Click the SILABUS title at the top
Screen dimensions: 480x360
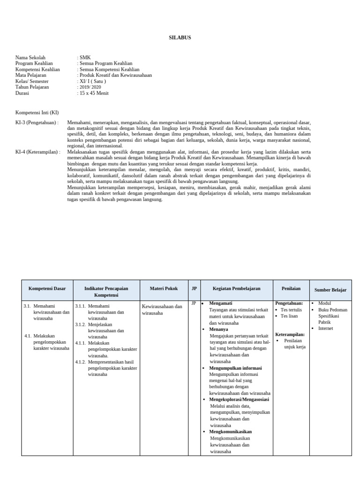point(180,37)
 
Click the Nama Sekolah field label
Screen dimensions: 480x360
point(30,58)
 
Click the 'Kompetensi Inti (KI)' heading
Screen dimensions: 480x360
point(37,113)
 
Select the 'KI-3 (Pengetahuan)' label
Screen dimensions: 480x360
point(37,123)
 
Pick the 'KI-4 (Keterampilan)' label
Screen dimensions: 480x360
point(37,152)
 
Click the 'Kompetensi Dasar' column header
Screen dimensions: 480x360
point(47,289)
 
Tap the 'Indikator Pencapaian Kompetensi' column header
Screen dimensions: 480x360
point(106,292)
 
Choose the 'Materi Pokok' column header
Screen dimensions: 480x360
point(164,289)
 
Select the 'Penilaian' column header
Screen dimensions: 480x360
point(291,289)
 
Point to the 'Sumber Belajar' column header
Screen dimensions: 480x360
point(330,290)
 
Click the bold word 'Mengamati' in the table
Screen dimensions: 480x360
point(220,303)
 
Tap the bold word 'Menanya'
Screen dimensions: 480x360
point(218,330)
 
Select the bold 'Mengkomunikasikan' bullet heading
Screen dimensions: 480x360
point(231,431)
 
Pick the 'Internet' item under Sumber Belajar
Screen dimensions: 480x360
point(325,329)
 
